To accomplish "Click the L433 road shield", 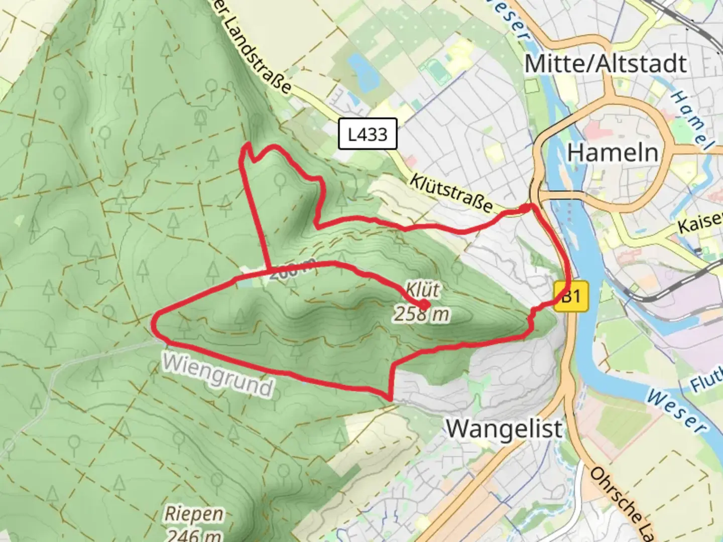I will click(x=368, y=134).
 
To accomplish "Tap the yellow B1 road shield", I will click(x=571, y=297).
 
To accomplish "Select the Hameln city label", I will click(x=613, y=152).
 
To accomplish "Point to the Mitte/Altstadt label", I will click(x=606, y=64).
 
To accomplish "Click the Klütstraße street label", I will click(x=450, y=192).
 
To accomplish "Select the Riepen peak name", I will click(x=194, y=514).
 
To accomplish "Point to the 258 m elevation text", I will click(x=421, y=315).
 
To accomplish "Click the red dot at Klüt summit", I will click(x=425, y=305).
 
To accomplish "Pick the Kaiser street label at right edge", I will click(x=701, y=221).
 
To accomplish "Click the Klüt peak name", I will click(x=423, y=290).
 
